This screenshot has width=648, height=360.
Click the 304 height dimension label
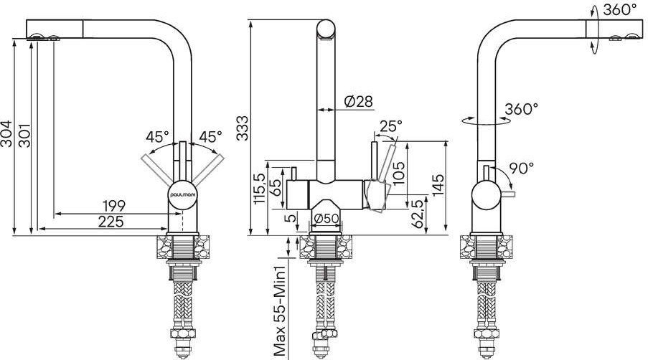pyautogui.click(x=6, y=133)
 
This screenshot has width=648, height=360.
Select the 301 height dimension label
pyautogui.click(x=25, y=135)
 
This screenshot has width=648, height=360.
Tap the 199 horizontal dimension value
pyautogui.click(x=114, y=205)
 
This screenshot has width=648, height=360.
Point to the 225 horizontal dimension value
pyautogui.click(x=111, y=222)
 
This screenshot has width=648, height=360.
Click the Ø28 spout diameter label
pyautogui.click(x=359, y=100)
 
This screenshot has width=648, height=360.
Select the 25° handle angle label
pyautogui.click(x=390, y=125)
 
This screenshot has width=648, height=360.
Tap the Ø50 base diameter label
pyautogui.click(x=327, y=218)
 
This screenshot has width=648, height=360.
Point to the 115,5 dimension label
pyautogui.click(x=260, y=189)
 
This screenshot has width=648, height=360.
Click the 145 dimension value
pyautogui.click(x=438, y=184)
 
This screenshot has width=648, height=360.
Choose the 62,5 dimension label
pyautogui.click(x=418, y=214)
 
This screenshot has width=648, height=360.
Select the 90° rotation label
pyautogui.click(x=521, y=168)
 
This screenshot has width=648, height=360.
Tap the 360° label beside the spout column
pyautogui.click(x=522, y=109)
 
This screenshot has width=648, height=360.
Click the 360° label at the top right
pyautogui.click(x=619, y=9)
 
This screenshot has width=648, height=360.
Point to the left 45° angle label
pyautogui.click(x=157, y=136)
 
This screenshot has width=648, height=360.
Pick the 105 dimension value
pyautogui.click(x=398, y=172)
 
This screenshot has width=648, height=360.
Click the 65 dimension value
pyautogui.click(x=275, y=187)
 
